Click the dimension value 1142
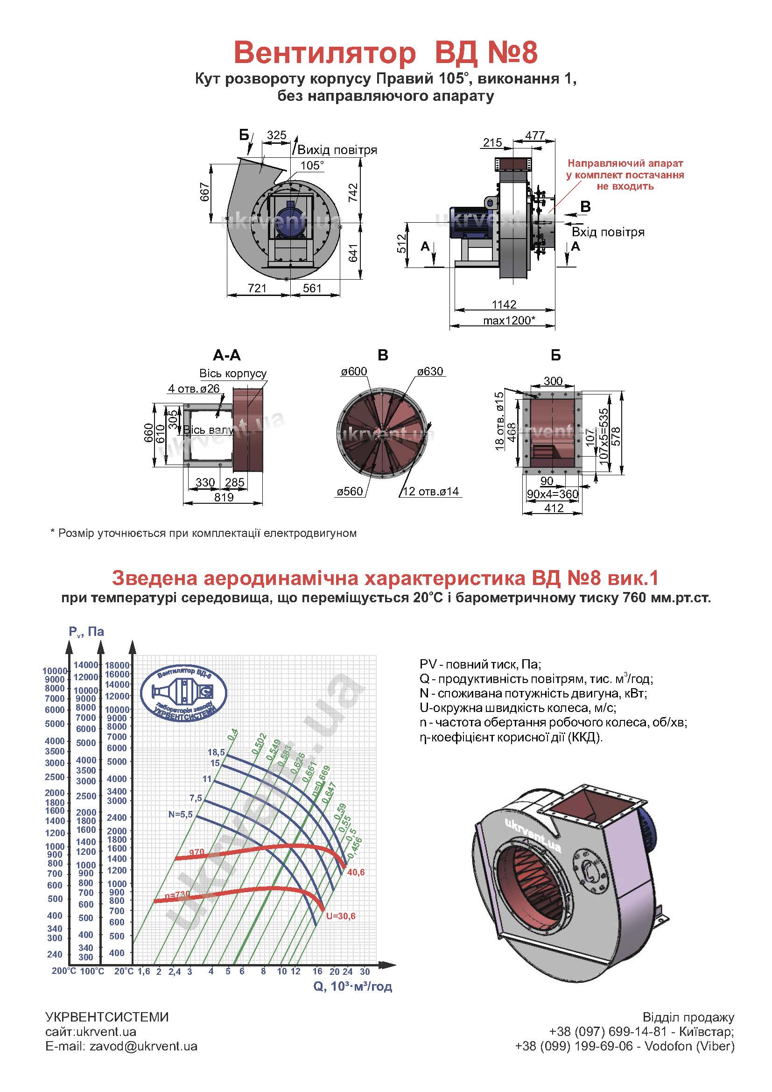coord(504,304)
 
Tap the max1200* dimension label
coord(509,320)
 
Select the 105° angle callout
coord(312,165)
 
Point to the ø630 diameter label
coord(430,372)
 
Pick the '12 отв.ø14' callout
coord(431,491)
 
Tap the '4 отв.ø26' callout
coord(194,388)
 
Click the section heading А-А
coord(227,355)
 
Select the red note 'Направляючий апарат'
coord(625,163)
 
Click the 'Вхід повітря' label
coord(608,232)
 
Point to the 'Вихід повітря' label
coord(337,150)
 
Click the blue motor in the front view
coord(287,220)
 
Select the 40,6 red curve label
coord(356,872)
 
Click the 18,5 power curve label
coord(216,752)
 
